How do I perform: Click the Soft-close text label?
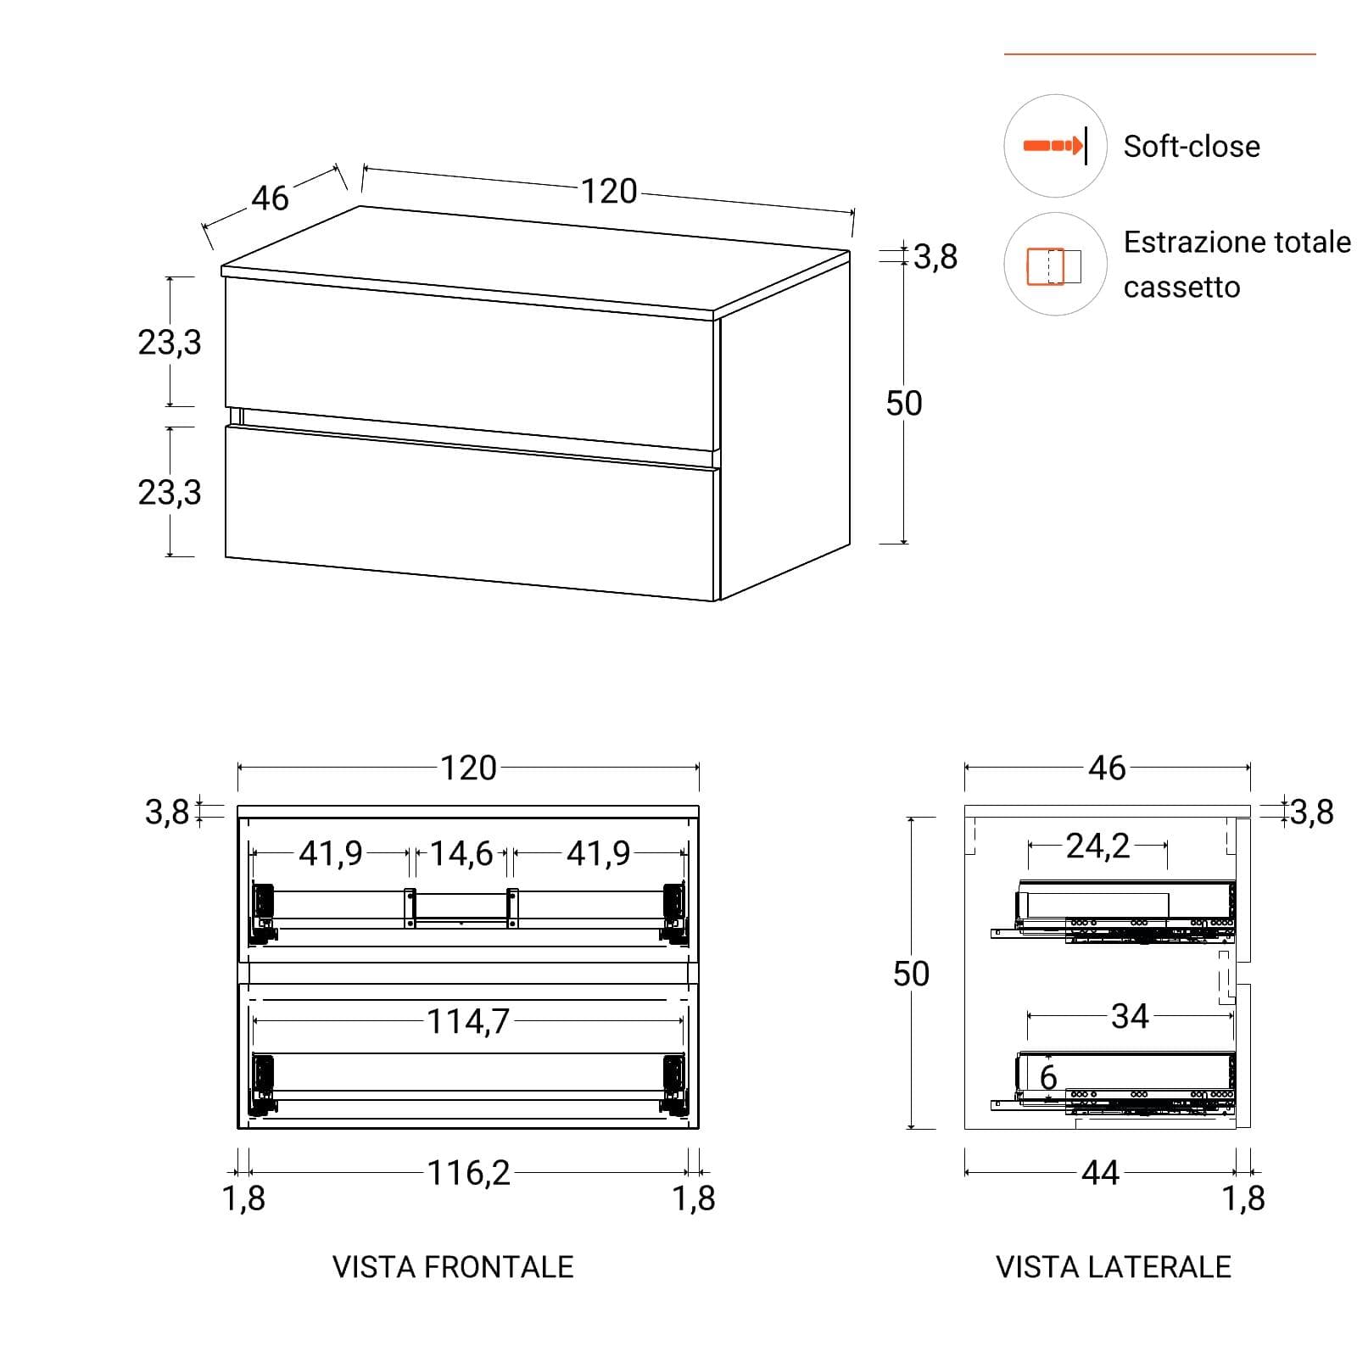tap(1192, 147)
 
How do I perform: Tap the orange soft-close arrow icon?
tap(1054, 146)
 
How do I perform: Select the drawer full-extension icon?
tap(1053, 266)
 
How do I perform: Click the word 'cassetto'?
tap(1181, 288)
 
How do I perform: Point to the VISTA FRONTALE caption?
tap(453, 1267)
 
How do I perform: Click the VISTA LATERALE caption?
tap(1113, 1267)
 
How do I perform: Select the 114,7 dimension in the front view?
tap(468, 1022)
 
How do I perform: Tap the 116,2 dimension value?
tap(469, 1174)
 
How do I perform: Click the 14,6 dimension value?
tap(461, 854)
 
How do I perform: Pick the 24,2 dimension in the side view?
tap(1097, 846)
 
